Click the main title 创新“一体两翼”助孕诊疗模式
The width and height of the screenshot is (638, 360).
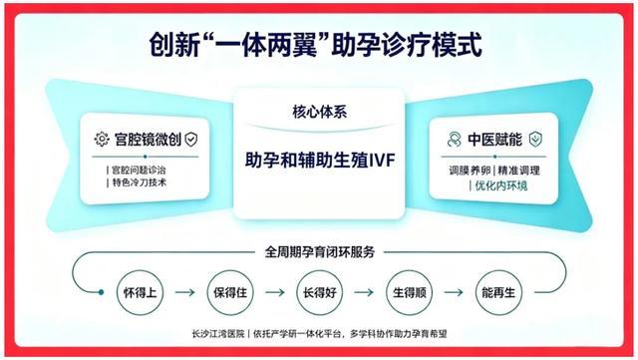(x=316, y=44)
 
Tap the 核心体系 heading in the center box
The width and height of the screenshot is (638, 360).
(x=319, y=112)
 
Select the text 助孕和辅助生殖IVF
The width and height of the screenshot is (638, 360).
(x=320, y=160)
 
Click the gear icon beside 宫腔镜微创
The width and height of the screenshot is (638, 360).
(x=102, y=140)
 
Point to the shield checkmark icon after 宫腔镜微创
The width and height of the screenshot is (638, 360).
(x=190, y=140)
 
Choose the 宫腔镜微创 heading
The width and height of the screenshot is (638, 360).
(x=148, y=140)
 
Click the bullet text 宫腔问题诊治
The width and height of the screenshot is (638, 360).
(x=139, y=171)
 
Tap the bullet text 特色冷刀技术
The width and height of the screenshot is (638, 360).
(x=140, y=182)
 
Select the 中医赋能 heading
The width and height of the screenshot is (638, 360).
(x=494, y=140)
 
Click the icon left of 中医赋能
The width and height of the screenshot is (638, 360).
(x=454, y=140)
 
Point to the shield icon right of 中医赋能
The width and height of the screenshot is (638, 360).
(x=535, y=140)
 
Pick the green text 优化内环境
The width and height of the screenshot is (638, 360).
(x=500, y=185)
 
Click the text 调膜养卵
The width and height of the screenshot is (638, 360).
(x=470, y=171)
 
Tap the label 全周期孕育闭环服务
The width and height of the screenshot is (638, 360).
(x=319, y=252)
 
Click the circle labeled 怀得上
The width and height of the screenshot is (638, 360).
(x=140, y=292)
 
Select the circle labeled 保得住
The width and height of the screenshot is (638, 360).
(x=230, y=292)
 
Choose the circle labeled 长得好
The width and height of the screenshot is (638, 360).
(x=319, y=292)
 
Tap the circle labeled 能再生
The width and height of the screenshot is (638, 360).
(x=498, y=292)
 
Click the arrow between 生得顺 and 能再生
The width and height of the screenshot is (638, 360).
(x=454, y=292)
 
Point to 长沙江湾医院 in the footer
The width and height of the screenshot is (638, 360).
(x=218, y=334)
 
